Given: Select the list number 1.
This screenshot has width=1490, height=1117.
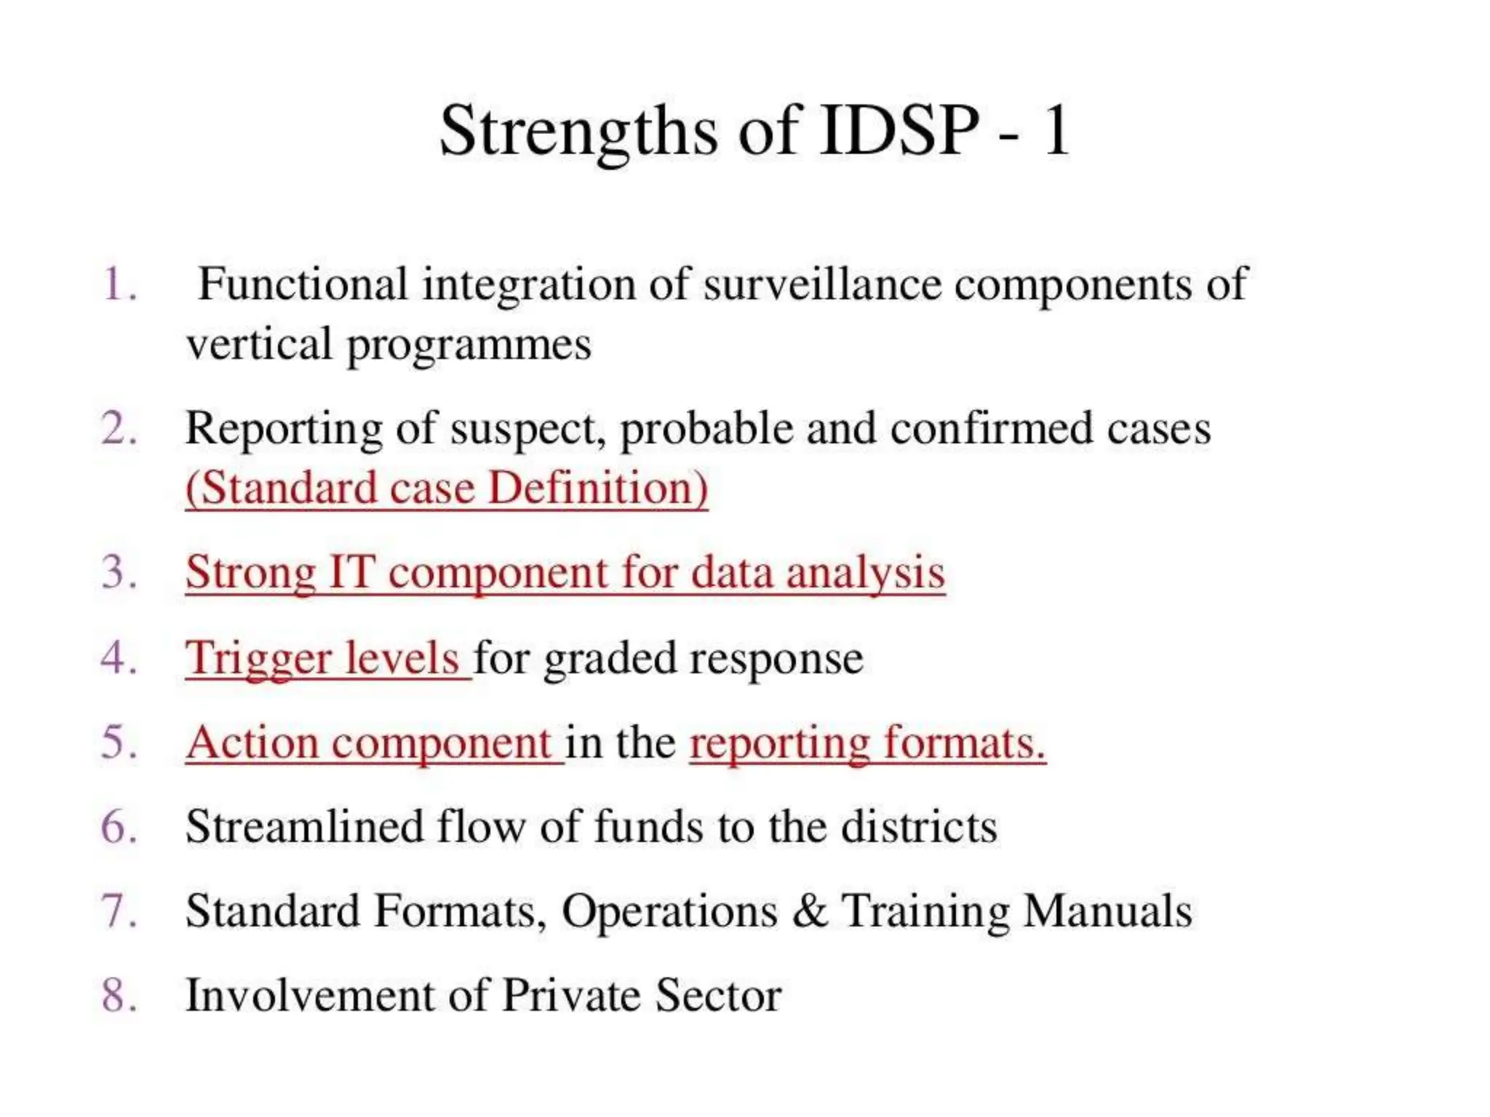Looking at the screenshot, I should (x=119, y=284).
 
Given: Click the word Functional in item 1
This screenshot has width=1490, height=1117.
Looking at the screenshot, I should (x=302, y=284).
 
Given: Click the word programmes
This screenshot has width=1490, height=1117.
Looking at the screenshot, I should (x=469, y=345).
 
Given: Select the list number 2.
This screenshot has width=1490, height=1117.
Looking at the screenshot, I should (x=119, y=429).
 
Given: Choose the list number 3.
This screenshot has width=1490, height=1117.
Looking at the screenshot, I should (x=119, y=573).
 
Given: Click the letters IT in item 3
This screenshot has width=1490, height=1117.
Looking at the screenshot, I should (x=352, y=573).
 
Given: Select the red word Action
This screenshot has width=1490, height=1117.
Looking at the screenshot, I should (x=252, y=743).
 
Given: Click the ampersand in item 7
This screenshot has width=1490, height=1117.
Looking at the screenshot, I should (x=809, y=912).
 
